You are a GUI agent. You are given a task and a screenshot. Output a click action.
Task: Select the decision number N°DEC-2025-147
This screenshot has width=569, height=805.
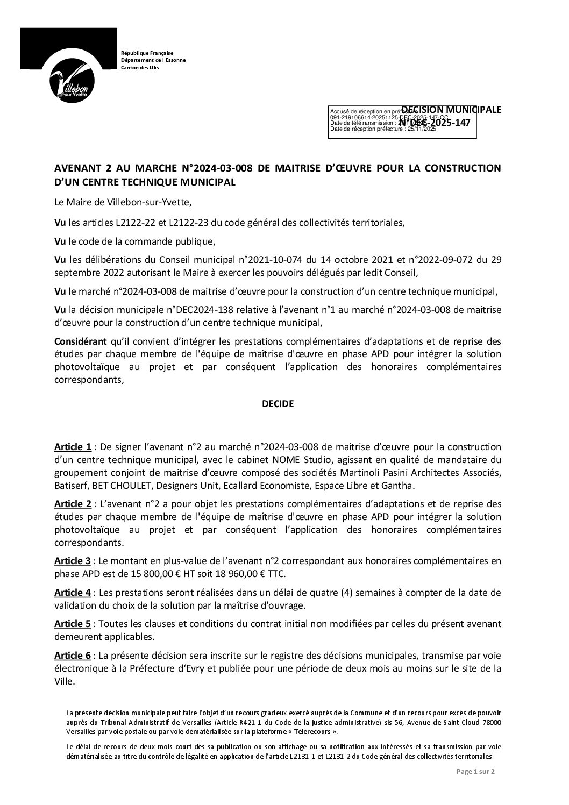pyautogui.click(x=435, y=123)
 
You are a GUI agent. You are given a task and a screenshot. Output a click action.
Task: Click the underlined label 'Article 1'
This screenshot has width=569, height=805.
pyautogui.click(x=73, y=447)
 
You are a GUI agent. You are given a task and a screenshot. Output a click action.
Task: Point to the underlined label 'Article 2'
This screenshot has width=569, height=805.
pyautogui.click(x=73, y=504)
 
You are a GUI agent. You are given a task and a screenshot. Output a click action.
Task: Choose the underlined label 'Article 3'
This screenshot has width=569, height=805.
pyautogui.click(x=73, y=561)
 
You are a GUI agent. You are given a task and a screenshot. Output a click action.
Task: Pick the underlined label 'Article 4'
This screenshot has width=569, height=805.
pyautogui.click(x=73, y=593)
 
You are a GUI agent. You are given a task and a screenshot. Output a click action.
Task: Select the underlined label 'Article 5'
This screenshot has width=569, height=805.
pyautogui.click(x=73, y=624)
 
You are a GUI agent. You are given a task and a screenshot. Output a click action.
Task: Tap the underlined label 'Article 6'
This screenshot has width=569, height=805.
pyautogui.click(x=73, y=656)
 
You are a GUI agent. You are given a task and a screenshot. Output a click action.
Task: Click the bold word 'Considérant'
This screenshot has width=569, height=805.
pyautogui.click(x=81, y=341)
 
